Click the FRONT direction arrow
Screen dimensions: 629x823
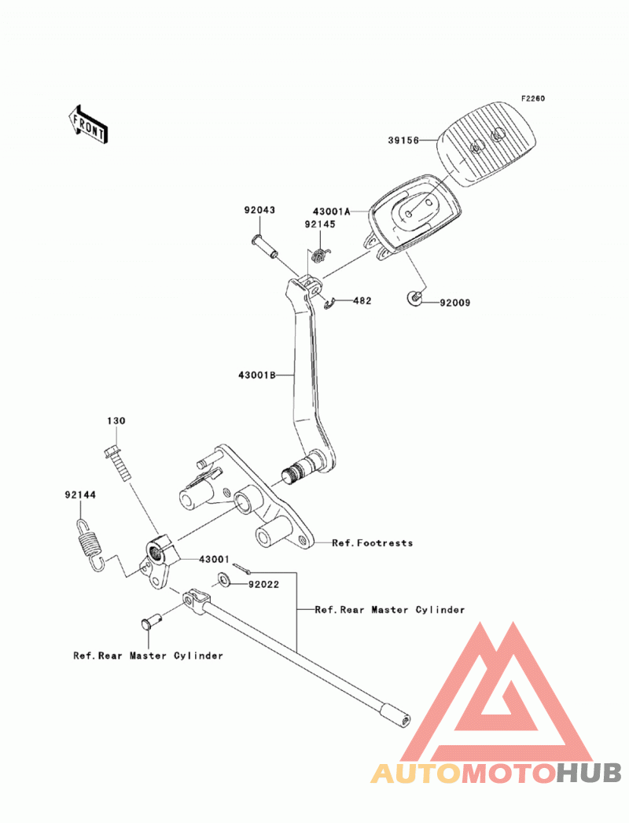[88, 124]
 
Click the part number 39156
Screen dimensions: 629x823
[403, 141]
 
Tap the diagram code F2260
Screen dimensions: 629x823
[533, 99]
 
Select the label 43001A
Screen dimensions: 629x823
[331, 211]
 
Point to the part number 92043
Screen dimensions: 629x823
[259, 210]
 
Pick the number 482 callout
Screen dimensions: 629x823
[362, 301]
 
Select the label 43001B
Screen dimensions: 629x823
[257, 375]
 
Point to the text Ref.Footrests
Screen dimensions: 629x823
[372, 542]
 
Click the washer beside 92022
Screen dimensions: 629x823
[225, 580]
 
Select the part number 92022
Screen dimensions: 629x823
[263, 584]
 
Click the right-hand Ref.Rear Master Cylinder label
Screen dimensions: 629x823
[389, 610]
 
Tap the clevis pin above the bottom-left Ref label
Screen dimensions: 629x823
[151, 621]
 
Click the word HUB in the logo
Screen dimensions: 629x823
[589, 773]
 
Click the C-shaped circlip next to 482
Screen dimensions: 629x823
[329, 303]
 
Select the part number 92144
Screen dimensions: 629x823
[80, 495]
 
